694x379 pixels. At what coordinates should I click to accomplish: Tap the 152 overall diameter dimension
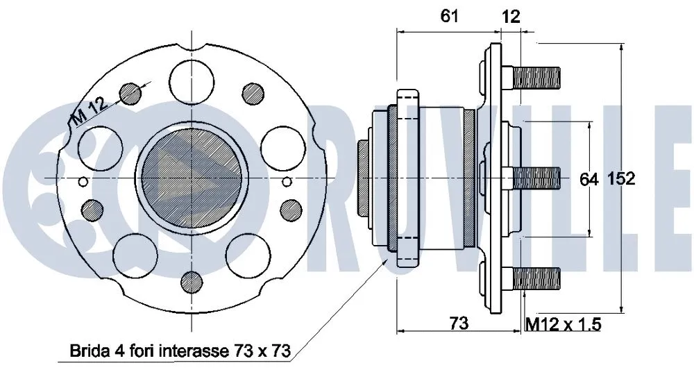click(621, 178)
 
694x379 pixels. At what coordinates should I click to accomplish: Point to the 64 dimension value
click(589, 179)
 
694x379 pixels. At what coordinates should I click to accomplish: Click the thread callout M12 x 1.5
click(562, 323)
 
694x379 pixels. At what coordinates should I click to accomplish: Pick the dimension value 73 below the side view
click(458, 323)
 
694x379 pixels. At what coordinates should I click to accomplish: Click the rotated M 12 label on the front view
click(89, 112)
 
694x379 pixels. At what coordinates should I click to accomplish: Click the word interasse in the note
click(190, 351)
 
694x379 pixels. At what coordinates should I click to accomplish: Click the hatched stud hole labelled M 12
click(130, 92)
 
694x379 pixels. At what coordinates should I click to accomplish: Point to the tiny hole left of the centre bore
click(84, 183)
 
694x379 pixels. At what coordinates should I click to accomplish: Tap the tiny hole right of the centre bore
click(287, 182)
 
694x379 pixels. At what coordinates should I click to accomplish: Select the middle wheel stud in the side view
click(536, 178)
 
